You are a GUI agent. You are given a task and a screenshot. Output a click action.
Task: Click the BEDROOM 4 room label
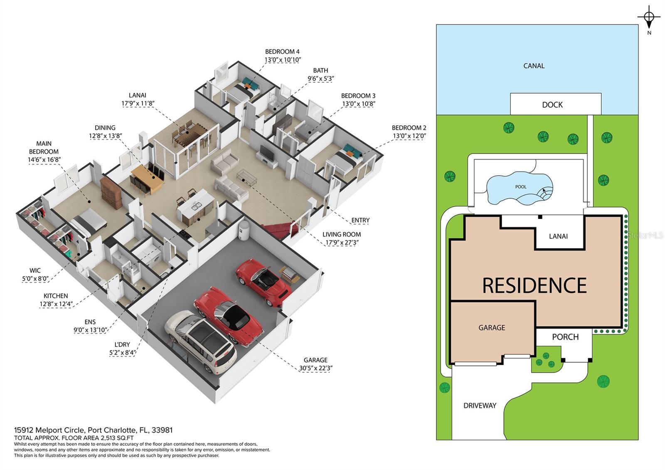[x=282, y=52]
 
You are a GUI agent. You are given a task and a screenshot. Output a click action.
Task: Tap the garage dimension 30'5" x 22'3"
[x=315, y=368]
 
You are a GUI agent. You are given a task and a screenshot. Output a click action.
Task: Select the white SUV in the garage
[x=201, y=341]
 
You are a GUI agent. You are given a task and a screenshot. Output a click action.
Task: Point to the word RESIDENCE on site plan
[x=534, y=285]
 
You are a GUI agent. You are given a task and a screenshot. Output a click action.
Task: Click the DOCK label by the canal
[x=552, y=105]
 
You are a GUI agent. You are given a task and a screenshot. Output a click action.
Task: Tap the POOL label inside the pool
[x=520, y=187]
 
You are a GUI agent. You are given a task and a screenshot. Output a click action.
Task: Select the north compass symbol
[x=649, y=17]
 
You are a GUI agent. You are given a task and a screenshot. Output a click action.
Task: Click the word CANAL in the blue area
[x=534, y=66]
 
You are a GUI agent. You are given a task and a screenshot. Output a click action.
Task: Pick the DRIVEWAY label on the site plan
[x=480, y=406]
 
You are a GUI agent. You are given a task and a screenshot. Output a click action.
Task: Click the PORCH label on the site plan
[x=565, y=337]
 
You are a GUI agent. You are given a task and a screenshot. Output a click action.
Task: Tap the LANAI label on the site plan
[x=558, y=236]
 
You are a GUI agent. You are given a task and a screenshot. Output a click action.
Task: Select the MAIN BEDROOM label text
[x=44, y=148]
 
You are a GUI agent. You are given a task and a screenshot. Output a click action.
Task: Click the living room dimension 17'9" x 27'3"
[x=342, y=242]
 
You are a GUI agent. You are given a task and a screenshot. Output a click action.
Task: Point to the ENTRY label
[x=360, y=220]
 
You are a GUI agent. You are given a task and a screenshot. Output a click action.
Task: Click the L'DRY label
[x=122, y=344]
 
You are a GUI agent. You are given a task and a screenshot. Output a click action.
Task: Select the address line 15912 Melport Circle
[x=93, y=430]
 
